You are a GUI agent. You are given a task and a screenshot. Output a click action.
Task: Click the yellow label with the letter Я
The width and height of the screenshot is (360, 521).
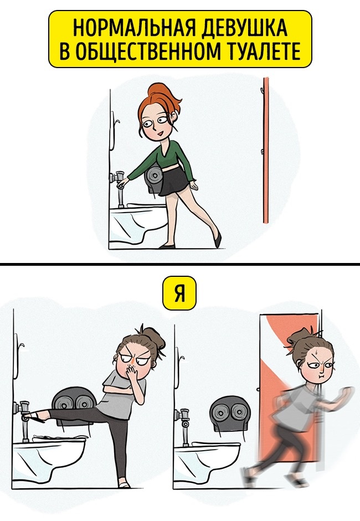(179, 292)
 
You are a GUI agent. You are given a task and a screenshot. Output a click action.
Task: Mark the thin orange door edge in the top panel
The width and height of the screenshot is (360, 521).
(266, 150)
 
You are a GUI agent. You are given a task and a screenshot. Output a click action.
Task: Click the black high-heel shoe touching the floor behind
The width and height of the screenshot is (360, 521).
(218, 239)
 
